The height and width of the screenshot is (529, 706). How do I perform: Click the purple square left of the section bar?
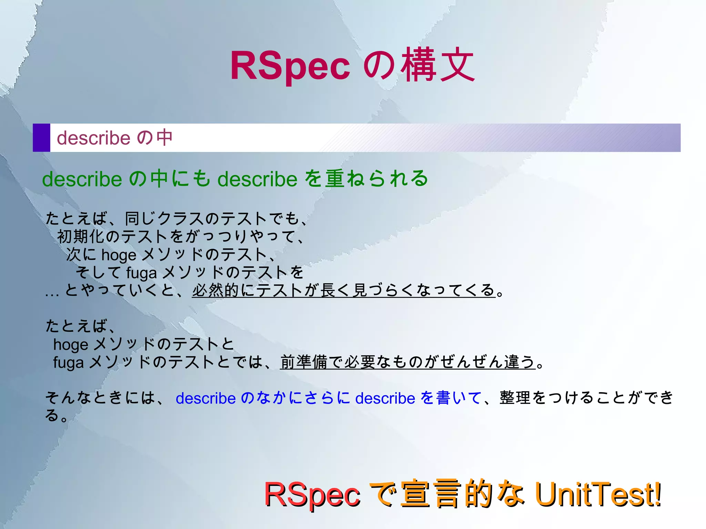pyautogui.click(x=41, y=138)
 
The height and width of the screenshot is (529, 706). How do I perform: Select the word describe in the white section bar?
pyautogui.click(x=93, y=138)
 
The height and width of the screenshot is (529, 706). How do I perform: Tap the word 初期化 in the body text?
pyautogui.click(x=81, y=236)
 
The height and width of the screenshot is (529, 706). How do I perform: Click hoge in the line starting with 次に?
pyautogui.click(x=119, y=255)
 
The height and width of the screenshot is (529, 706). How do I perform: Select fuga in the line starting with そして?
pyautogui.click(x=141, y=273)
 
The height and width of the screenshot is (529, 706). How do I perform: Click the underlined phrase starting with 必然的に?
pyautogui.click(x=343, y=290)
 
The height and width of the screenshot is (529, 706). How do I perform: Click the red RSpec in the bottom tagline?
pyautogui.click(x=312, y=495)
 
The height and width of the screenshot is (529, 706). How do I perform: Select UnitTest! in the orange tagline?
pyautogui.click(x=598, y=494)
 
